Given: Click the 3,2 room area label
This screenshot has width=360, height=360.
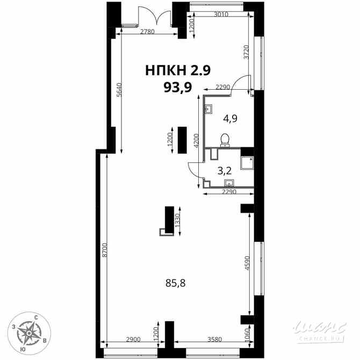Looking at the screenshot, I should click(x=224, y=171).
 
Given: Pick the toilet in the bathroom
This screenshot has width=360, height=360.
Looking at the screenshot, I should click(x=225, y=140).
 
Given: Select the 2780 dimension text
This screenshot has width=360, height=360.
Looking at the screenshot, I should click(x=147, y=32).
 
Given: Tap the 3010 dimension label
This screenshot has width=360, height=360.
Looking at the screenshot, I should click(x=221, y=15).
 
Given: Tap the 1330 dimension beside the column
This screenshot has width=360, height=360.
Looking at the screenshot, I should click(x=177, y=221).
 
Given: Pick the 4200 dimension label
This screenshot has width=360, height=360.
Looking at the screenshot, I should click(x=197, y=140).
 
